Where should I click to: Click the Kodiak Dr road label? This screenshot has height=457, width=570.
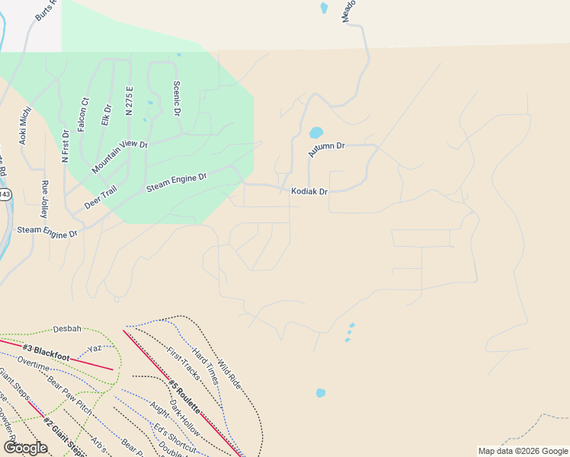tap(309, 192)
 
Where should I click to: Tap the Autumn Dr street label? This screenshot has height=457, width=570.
tap(327, 149)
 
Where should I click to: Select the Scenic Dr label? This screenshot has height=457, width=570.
tap(176, 98)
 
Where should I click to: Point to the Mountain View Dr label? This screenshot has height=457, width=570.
tap(120, 155)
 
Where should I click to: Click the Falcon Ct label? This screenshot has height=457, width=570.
tap(84, 115)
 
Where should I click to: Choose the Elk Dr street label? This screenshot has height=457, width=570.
tap(106, 115)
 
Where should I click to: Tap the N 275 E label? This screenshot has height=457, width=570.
tap(130, 101)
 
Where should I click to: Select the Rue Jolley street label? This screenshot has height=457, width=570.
tap(44, 199)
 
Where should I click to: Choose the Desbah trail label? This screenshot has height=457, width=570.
tap(67, 329)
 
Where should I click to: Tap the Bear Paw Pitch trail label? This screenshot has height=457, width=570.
tap(71, 396)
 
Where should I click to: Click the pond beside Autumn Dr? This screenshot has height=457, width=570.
tap(315, 133)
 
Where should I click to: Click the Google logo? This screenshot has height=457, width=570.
tap(25, 447)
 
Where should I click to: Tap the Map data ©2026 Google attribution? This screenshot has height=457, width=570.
tap(524, 451)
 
